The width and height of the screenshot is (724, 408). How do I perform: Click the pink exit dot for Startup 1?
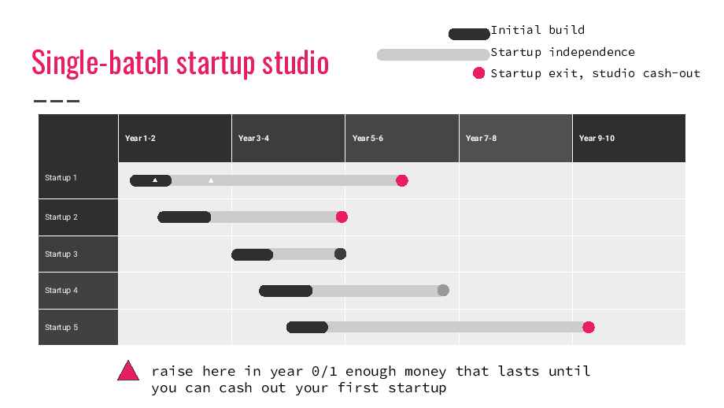401,180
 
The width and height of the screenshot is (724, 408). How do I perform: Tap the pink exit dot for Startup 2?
342,217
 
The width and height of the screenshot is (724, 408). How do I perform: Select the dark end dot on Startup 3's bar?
340,254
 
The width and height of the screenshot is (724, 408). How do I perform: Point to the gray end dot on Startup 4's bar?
443,290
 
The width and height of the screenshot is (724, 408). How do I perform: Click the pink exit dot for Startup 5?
589,327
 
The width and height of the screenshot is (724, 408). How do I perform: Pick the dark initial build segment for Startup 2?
184,217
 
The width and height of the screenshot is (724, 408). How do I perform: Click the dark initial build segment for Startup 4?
286,291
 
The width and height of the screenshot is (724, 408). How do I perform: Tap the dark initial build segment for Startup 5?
307,327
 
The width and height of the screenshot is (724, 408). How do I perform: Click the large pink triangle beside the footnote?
128,370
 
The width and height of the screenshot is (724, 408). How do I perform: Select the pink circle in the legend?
478,73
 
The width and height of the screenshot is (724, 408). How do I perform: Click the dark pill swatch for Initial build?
469,34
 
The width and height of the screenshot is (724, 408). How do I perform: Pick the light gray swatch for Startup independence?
433,54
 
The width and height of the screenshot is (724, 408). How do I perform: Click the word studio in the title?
296,63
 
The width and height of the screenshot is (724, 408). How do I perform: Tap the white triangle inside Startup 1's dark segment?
155,180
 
